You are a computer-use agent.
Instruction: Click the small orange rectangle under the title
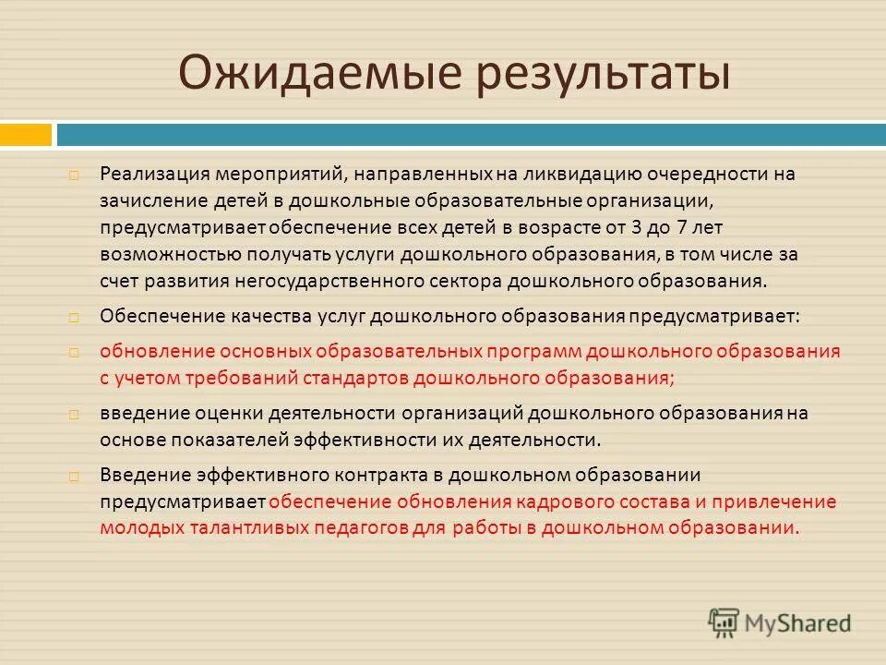26,135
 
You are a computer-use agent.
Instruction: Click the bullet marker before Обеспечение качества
73,317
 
